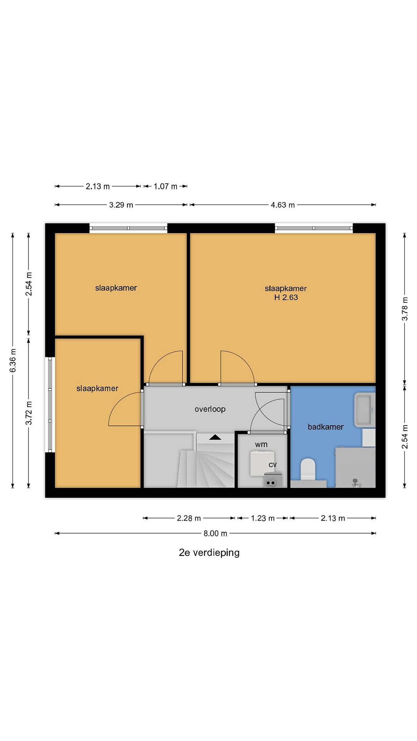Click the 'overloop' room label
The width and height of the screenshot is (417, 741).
coord(210,409)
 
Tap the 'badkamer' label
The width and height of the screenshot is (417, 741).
coord(325,427)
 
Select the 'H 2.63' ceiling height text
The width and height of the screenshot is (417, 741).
coord(286,297)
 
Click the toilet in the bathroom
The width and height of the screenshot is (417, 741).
coord(308,469)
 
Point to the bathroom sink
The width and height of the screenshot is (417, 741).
coord(365,410)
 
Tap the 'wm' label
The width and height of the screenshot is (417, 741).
coord(261,445)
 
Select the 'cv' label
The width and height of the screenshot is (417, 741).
coord(273,465)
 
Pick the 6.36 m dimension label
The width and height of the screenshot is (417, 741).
coord(13,360)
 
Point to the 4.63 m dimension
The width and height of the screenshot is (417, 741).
coord(283,205)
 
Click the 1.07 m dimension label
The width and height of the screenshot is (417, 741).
coord(165,186)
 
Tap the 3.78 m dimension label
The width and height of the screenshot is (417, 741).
coord(405,309)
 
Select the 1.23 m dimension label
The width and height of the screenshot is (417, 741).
coord(263,518)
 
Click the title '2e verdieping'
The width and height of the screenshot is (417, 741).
coord(209,553)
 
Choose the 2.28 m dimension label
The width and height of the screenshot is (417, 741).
coord(188,518)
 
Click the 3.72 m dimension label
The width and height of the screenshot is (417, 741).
coord(29,413)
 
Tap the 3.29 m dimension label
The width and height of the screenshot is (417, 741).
coord(121,205)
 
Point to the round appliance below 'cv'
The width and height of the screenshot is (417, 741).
coord(271,483)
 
